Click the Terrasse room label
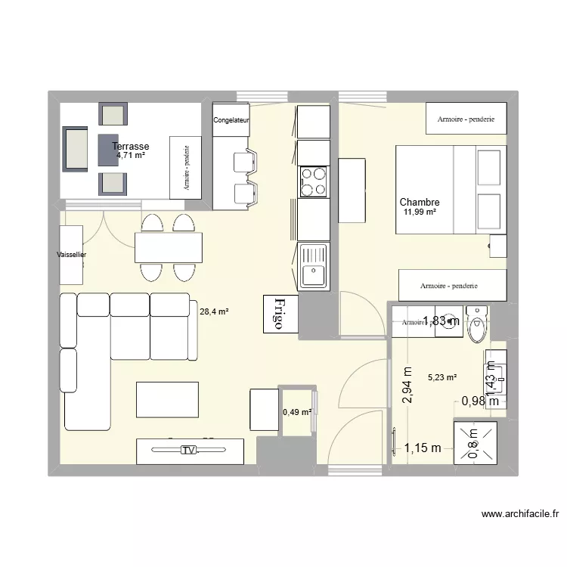130,147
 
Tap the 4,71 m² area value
130,156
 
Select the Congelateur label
231,120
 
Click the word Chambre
420,203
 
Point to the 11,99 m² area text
420,212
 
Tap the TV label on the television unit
188,451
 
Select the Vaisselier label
71,256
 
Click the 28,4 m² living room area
214,310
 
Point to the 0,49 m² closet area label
296,412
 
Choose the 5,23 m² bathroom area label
442,377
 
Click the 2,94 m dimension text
407,386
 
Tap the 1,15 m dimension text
423,448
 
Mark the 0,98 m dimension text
479,401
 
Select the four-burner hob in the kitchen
314,181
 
